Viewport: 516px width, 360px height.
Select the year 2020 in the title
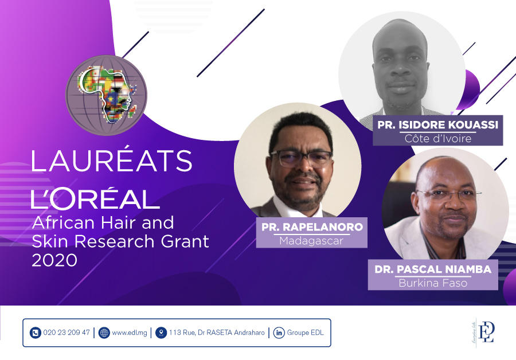[54, 260]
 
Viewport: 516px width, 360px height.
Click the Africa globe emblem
[106, 95]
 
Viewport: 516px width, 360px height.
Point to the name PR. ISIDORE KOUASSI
[437, 125]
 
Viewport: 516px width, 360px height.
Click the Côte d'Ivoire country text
[437, 139]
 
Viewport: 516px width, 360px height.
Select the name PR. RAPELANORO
[312, 227]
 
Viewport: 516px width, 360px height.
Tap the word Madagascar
[311, 241]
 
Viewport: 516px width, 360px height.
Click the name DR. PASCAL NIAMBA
[433, 269]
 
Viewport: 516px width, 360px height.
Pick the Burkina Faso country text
[433, 283]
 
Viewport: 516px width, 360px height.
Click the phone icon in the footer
[35, 332]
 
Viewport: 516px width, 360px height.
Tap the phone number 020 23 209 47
[67, 332]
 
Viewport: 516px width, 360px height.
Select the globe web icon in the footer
[104, 332]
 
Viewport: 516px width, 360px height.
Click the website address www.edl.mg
[130, 332]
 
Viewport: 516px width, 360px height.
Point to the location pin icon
[161, 332]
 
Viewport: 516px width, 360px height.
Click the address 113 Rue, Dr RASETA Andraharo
[217, 332]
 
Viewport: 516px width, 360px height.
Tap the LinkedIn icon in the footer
[279, 332]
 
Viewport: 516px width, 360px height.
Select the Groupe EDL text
[306, 332]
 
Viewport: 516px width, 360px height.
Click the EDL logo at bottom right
[483, 332]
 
